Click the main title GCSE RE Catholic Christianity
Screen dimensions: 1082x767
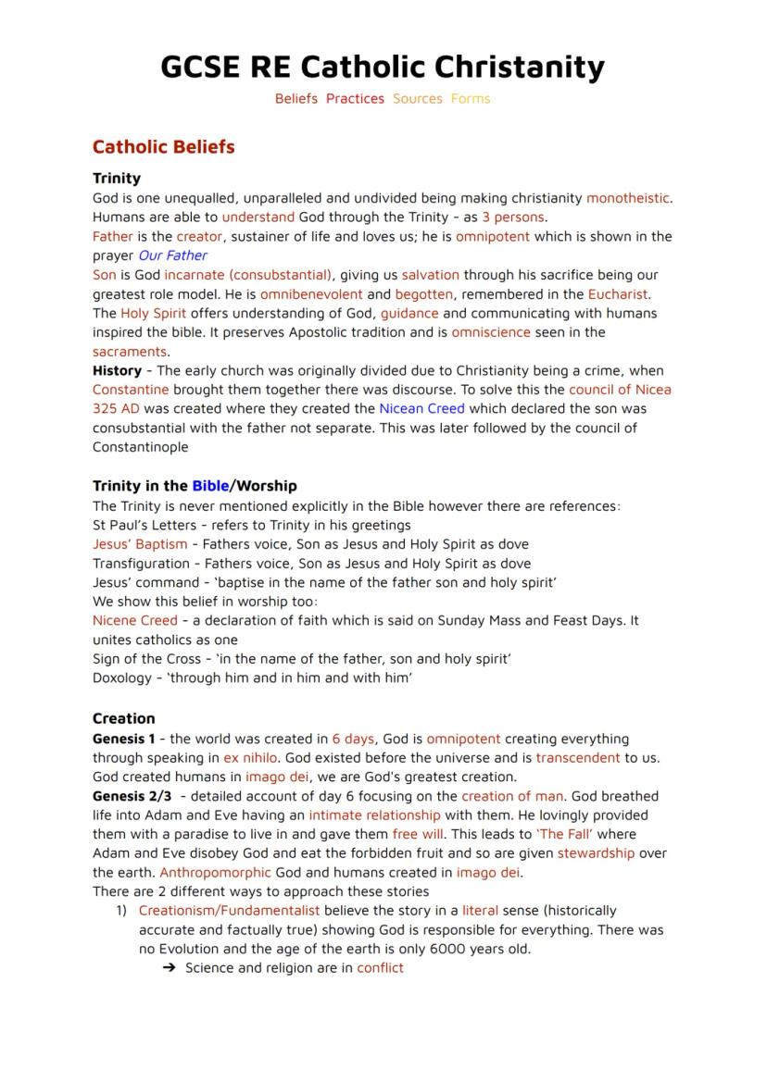pyautogui.click(x=383, y=67)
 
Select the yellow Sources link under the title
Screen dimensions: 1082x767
pyautogui.click(x=417, y=99)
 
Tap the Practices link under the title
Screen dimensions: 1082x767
pyautogui.click(x=355, y=99)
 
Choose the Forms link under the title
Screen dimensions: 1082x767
pyautogui.click(x=471, y=99)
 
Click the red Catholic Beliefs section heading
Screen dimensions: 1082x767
pyautogui.click(x=163, y=147)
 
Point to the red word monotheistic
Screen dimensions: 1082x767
pyautogui.click(x=627, y=198)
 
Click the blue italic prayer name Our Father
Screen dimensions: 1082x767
pyautogui.click(x=172, y=255)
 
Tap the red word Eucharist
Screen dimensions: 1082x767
pyautogui.click(x=618, y=294)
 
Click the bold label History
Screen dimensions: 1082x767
pyautogui.click(x=117, y=370)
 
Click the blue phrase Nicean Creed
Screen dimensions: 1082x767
pyautogui.click(x=421, y=409)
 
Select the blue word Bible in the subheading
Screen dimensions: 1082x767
pyautogui.click(x=210, y=486)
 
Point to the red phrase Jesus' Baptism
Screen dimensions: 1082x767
pyautogui.click(x=140, y=544)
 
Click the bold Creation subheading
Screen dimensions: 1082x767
pyautogui.click(x=124, y=719)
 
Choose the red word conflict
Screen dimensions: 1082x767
pyautogui.click(x=380, y=968)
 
